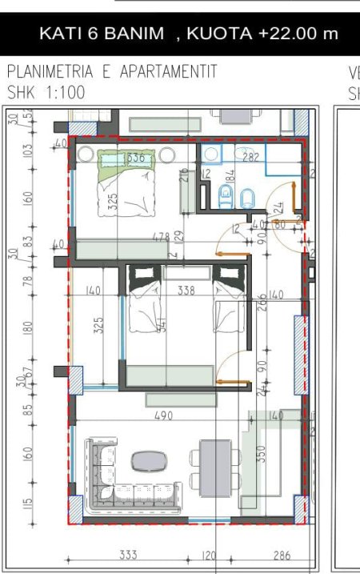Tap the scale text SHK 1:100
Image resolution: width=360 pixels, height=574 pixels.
pos(46,91)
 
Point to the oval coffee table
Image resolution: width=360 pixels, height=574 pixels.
pos(149,460)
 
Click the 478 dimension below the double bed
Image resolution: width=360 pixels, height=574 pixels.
pos(161,238)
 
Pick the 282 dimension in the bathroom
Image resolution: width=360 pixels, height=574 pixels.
pos(250,158)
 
